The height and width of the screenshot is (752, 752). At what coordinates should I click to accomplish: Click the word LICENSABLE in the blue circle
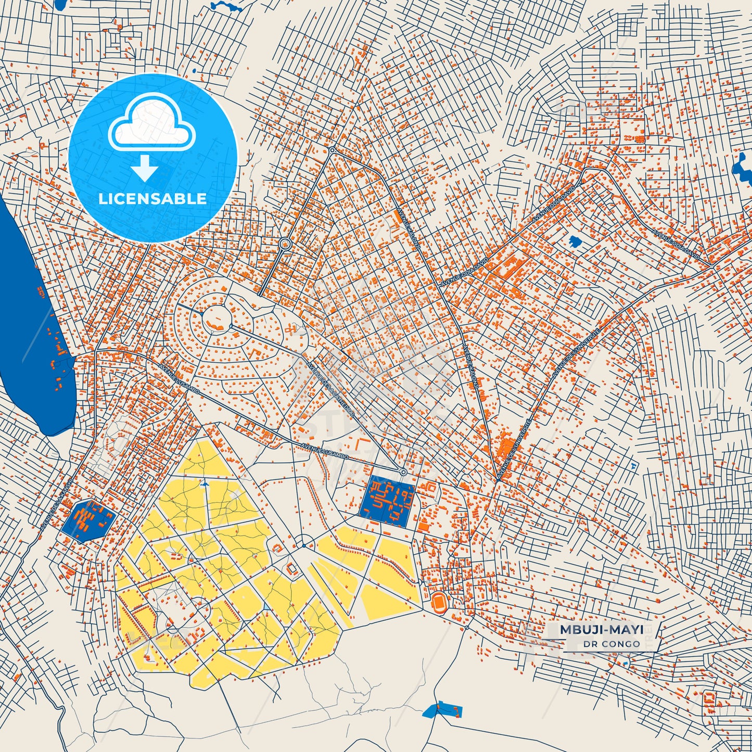pyautogui.click(x=152, y=199)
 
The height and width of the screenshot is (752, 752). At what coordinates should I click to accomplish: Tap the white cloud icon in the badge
pyautogui.click(x=152, y=124)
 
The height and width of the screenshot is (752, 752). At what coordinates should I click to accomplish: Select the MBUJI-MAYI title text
pyautogui.click(x=602, y=630)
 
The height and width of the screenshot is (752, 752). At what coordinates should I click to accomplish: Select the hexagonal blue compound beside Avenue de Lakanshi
pyautogui.click(x=87, y=521)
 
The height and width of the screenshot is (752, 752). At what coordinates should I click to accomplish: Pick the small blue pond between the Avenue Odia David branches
pyautogui.click(x=575, y=241)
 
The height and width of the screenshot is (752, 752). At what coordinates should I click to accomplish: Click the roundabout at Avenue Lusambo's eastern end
pyautogui.click(x=403, y=472)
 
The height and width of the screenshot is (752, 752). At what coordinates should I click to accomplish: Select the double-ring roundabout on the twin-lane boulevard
pyautogui.click(x=284, y=244)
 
